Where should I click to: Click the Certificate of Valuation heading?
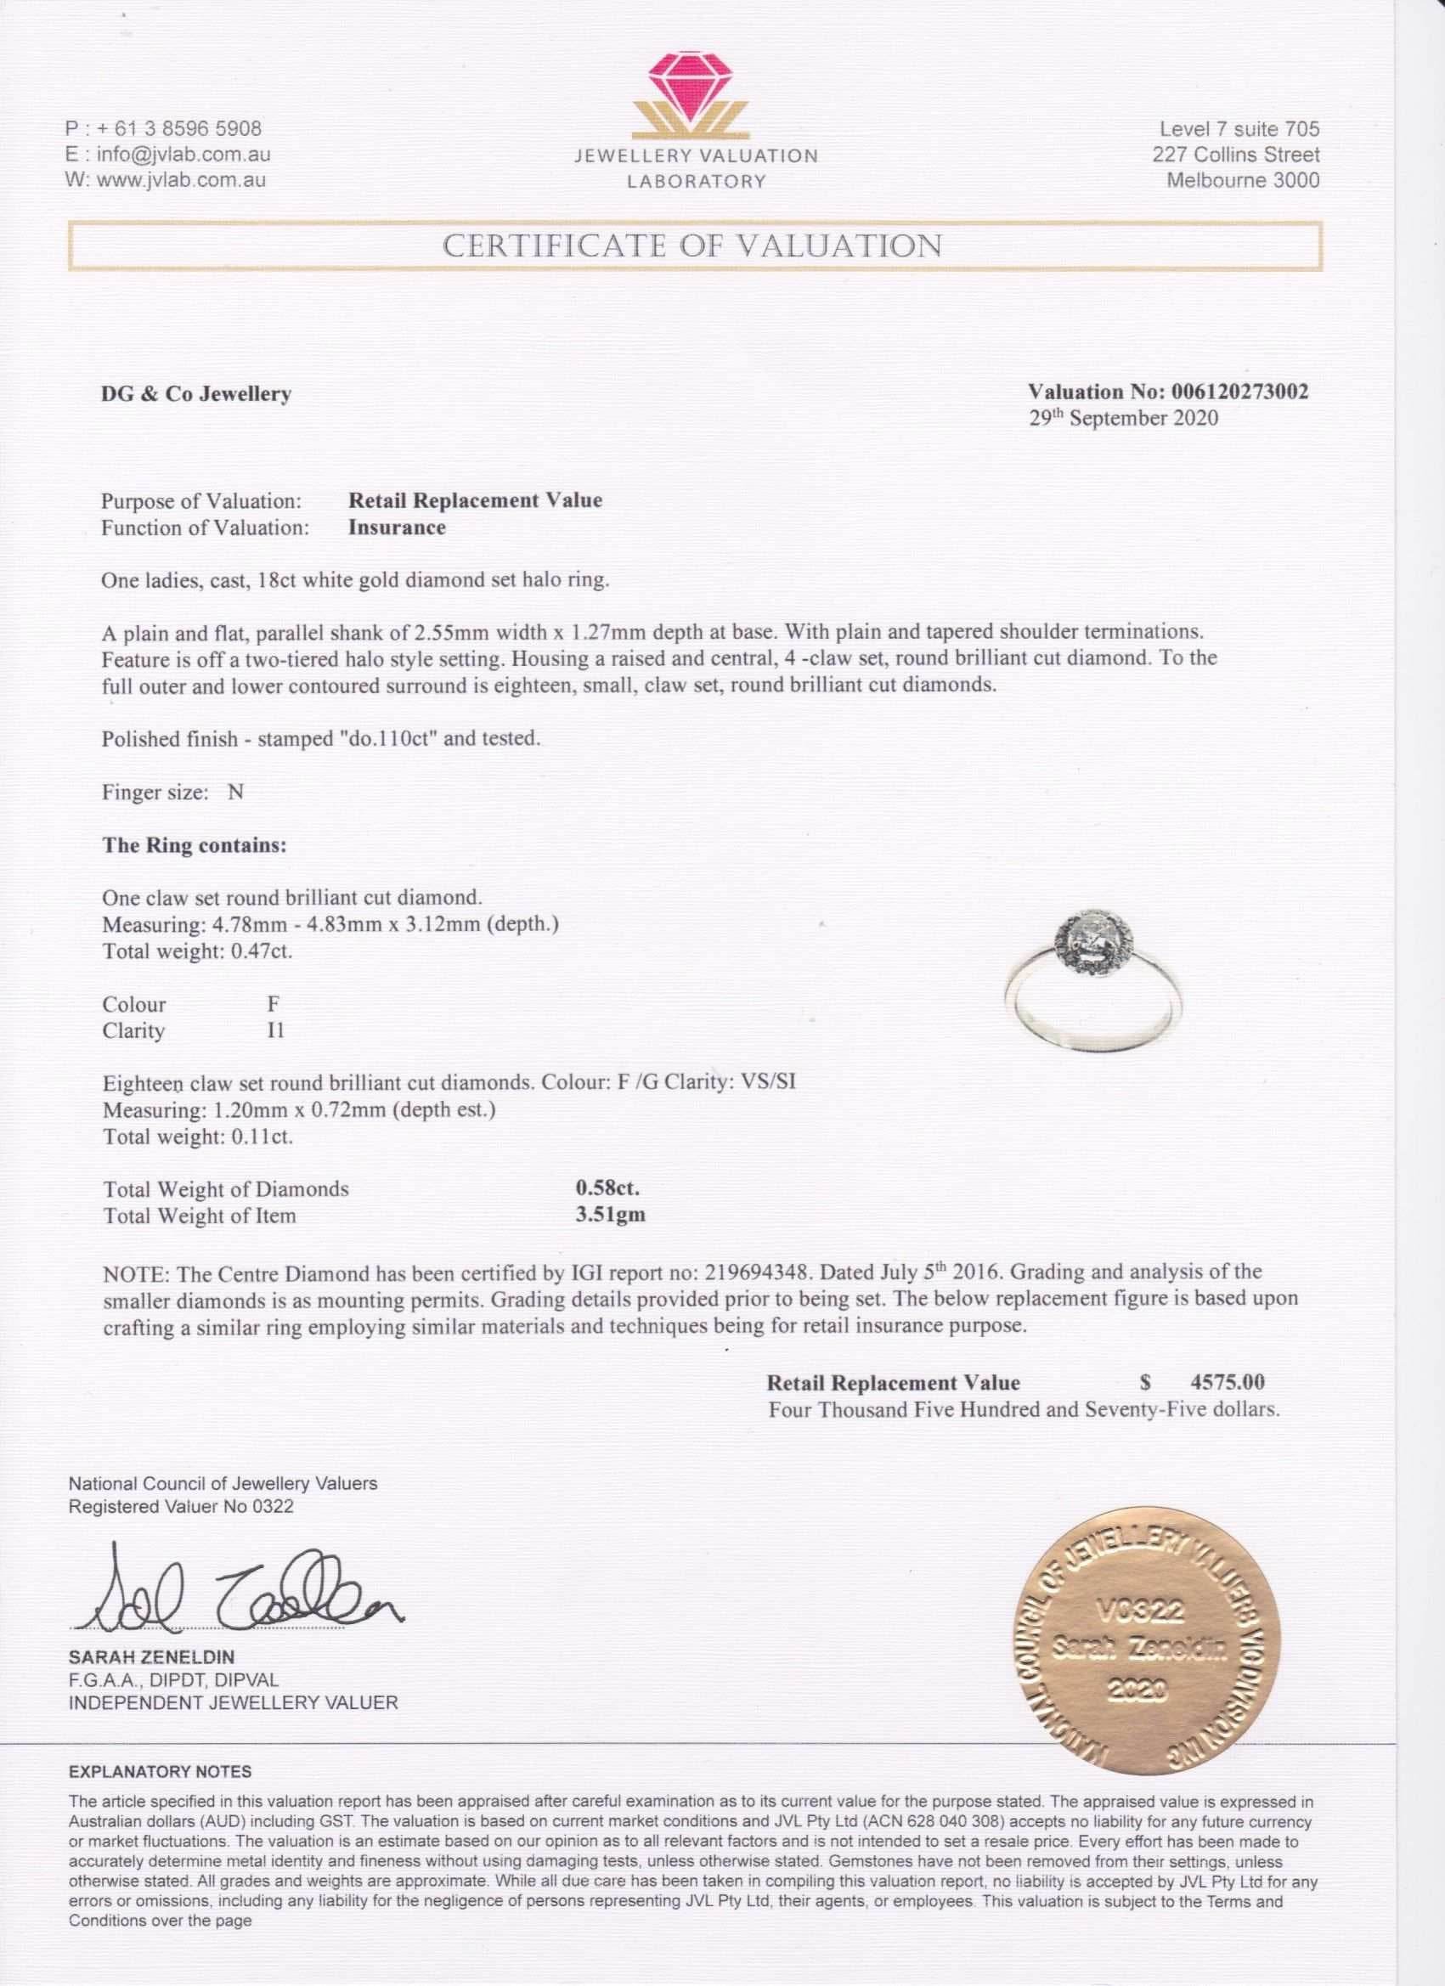(x=691, y=246)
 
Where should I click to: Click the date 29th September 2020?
(x=1123, y=418)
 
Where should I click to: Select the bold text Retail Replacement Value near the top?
(x=476, y=501)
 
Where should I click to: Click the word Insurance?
(x=397, y=528)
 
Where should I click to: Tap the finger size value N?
(x=235, y=792)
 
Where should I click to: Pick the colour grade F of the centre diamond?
(x=274, y=1003)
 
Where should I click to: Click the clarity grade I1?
(x=275, y=1030)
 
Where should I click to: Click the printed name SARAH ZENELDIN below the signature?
(x=150, y=1657)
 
